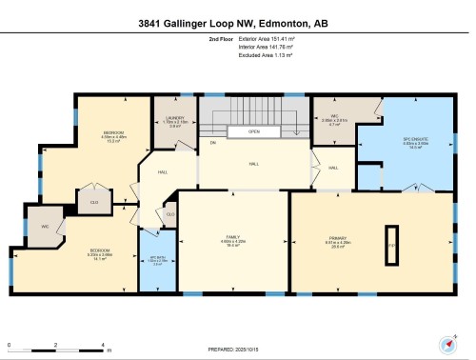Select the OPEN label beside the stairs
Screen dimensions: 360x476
(254, 133)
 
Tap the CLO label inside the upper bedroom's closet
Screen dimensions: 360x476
(93, 202)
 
